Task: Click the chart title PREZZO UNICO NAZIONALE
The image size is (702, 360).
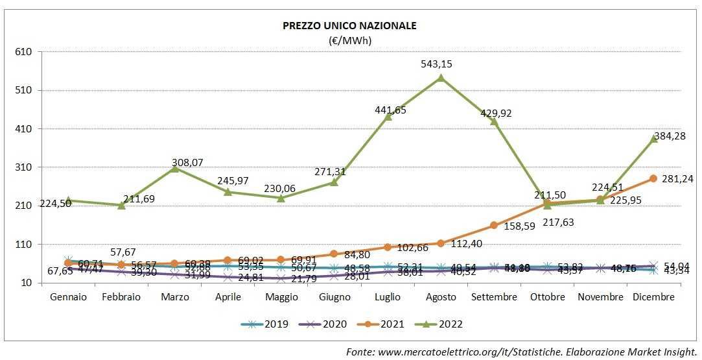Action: point(349,26)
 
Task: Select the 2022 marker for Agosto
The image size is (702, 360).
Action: point(441,78)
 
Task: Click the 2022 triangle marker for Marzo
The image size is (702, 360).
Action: point(174,169)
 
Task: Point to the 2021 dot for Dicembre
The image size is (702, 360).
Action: point(653,178)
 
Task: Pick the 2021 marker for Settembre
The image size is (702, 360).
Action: point(494,225)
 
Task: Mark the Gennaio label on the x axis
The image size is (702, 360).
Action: point(68,297)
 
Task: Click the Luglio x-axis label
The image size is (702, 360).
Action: point(388,297)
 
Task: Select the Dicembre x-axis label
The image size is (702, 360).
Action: point(653,297)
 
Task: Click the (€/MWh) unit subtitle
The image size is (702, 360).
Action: point(349,40)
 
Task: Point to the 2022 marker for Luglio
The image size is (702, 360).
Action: point(388,117)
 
